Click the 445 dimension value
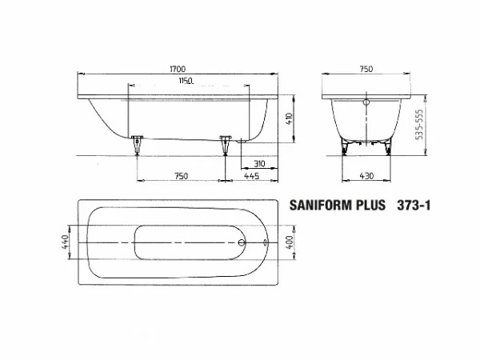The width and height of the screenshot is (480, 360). [250, 176]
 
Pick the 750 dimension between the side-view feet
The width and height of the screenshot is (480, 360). [181, 176]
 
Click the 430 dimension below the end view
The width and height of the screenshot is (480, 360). [366, 176]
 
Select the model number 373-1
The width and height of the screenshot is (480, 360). [414, 206]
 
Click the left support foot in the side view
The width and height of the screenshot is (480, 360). [137, 144]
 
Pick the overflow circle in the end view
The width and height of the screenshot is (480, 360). [367, 102]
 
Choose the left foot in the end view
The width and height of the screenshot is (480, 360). [346, 146]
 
